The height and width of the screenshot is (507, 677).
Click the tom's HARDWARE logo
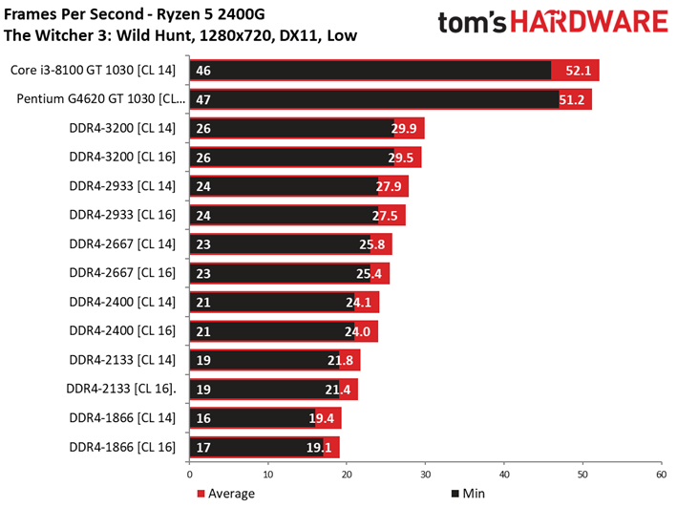coord(552,25)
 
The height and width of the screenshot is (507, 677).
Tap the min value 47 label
coord(203,98)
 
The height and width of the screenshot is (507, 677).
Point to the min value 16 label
coord(203,418)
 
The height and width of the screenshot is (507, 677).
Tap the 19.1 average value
coord(323,448)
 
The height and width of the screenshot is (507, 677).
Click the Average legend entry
coord(225,494)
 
